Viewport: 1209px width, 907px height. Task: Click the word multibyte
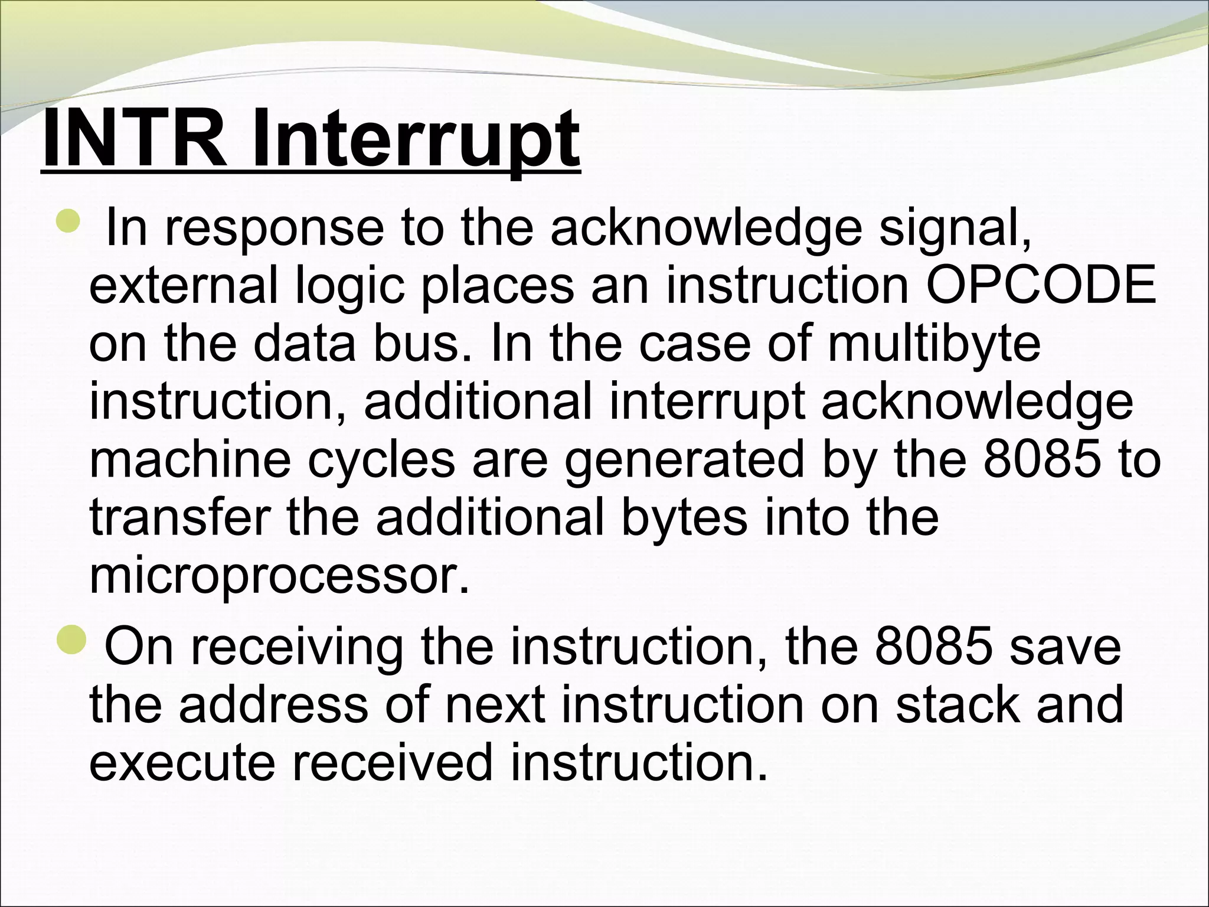point(934,344)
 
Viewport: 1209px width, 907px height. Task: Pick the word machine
point(190,460)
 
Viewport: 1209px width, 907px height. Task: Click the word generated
point(684,460)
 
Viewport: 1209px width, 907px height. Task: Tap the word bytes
point(684,518)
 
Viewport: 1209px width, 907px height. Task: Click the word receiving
point(296,647)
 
